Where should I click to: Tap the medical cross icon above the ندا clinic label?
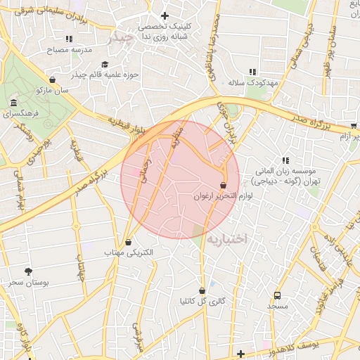[x=165, y=15]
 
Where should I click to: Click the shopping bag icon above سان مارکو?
[x=53, y=79]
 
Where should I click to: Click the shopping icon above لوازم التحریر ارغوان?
[x=223, y=186]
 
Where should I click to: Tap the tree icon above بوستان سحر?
[x=28, y=271]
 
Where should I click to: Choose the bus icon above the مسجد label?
[x=277, y=295]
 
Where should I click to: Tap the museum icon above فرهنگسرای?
[x=14, y=103]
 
